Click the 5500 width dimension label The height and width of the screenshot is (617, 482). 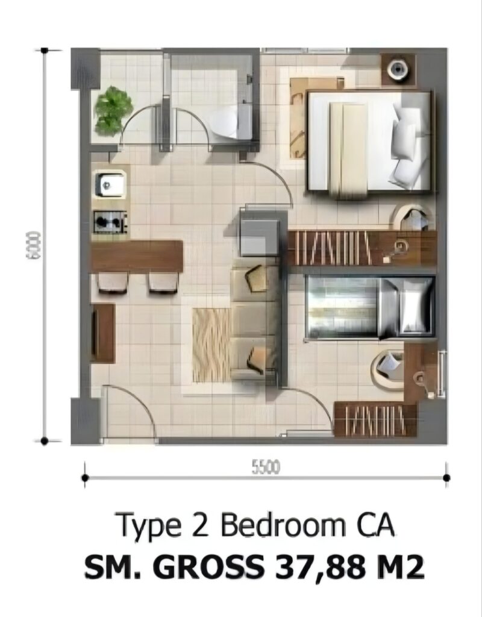266,467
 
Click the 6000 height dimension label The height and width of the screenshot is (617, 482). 33,245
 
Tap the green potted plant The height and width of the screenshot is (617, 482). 113,111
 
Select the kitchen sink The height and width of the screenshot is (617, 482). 111,184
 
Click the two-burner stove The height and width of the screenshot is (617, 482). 110,222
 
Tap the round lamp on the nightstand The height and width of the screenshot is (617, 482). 398,69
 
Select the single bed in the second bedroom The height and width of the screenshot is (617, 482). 371,307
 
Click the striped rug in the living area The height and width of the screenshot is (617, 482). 211,345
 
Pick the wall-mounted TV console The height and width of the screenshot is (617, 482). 103,333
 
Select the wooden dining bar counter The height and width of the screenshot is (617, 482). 137,256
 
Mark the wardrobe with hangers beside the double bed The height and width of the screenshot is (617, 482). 362,248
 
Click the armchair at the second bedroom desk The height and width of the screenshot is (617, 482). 388,366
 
